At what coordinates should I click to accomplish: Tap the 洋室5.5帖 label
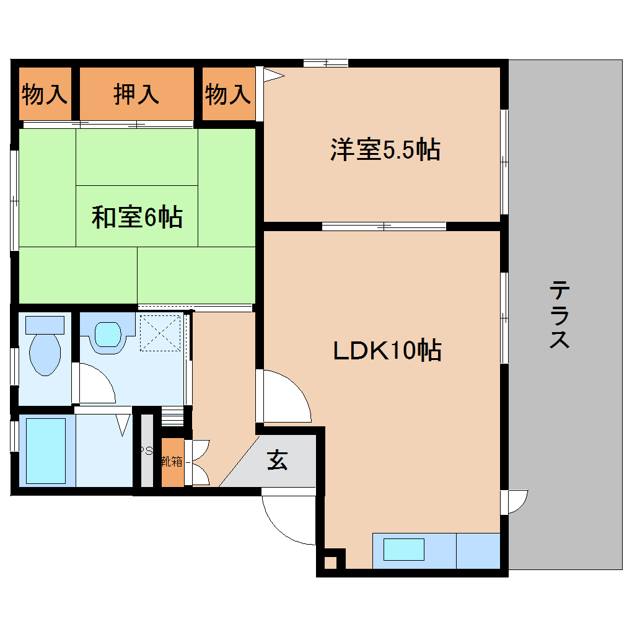[385, 150]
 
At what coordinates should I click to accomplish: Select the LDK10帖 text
[387, 351]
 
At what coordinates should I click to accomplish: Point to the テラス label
[560, 315]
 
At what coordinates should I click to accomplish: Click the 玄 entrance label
[277, 460]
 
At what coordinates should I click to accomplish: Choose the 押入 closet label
[136, 94]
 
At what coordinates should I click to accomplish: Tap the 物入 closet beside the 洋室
[228, 94]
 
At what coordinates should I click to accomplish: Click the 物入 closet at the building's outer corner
[44, 94]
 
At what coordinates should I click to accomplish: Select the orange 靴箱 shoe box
[173, 462]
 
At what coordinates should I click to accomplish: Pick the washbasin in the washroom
[107, 335]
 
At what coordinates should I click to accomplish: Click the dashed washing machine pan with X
[160, 333]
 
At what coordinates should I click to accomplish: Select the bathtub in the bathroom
[46, 450]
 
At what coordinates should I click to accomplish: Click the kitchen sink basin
[403, 550]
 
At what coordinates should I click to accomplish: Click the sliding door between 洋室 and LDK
[384, 226]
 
